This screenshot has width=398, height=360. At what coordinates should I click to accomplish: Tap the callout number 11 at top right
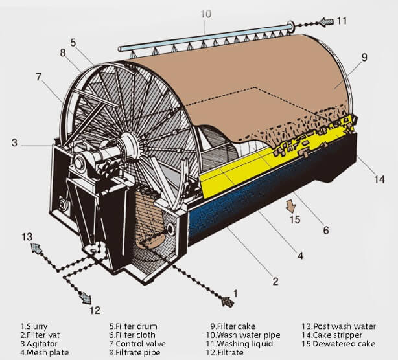pos(342,21)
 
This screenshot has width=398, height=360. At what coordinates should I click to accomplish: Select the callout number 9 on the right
pos(364,57)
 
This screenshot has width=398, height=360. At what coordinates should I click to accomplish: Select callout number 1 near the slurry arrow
pos(235,293)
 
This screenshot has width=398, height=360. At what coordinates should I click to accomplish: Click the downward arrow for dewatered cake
pos(291,207)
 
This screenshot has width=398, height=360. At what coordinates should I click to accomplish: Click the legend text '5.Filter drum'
pos(133,326)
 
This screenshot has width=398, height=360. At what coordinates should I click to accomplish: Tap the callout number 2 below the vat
pos(275,281)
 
